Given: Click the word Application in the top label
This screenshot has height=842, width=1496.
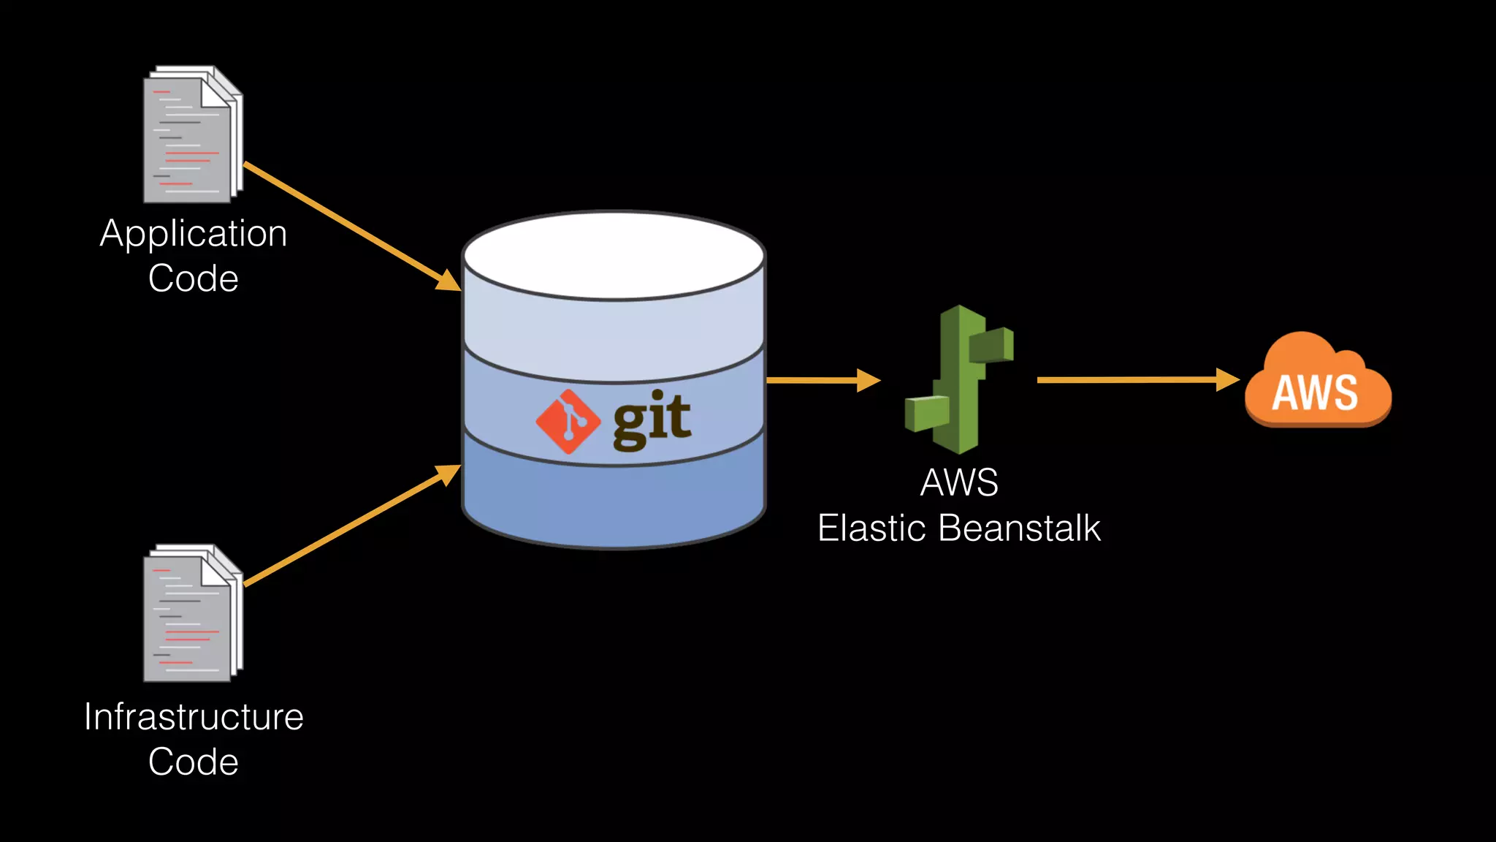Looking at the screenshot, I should (194, 235).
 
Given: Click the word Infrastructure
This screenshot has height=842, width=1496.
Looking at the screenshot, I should (194, 716).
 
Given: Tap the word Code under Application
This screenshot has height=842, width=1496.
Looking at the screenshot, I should (194, 278).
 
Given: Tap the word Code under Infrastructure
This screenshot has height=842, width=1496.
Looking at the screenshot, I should (194, 762).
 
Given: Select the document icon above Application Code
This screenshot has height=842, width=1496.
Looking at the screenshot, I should (192, 134).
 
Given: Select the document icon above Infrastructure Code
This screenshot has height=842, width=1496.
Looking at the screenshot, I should (192, 613).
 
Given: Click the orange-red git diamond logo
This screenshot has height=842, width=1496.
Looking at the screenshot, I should (568, 422).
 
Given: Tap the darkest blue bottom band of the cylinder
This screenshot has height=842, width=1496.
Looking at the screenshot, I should (614, 504).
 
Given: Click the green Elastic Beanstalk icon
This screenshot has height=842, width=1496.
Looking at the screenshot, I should (958, 379).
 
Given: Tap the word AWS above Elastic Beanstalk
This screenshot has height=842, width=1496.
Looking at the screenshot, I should (959, 482).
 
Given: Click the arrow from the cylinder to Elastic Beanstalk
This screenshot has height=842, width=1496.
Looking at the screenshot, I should (822, 380).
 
